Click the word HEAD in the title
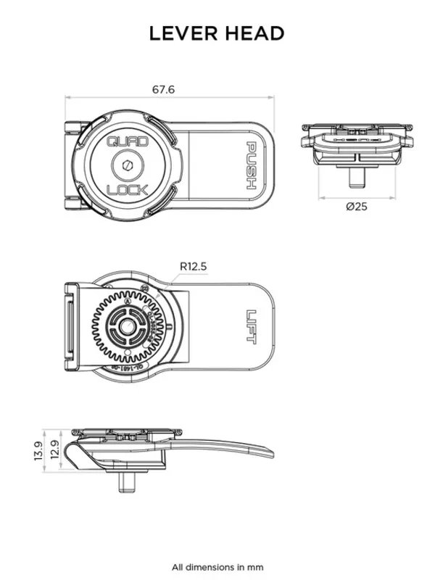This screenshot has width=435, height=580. tap(254, 33)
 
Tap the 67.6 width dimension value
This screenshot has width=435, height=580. tap(164, 89)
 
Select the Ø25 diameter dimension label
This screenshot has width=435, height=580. tap(357, 207)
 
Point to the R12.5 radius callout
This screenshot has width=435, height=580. tap(193, 267)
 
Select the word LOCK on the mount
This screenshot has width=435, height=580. tap(128, 190)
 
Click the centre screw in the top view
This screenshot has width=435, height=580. tap(128, 166)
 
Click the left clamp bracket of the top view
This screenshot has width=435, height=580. tap(75, 167)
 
